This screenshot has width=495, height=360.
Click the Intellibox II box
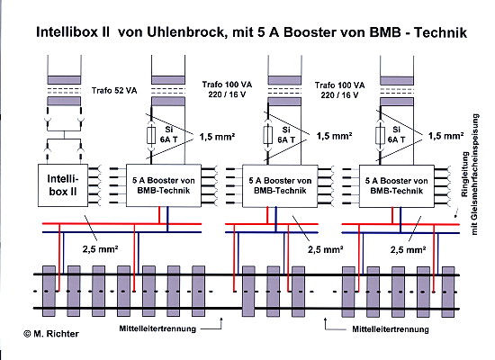[63, 185]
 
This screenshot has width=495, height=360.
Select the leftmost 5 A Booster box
[164, 185]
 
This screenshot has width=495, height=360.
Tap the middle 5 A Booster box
[280, 185]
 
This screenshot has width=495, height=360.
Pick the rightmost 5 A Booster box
[397, 186]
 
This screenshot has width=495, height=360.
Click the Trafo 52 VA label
[114, 91]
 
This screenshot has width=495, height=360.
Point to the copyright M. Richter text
[51, 334]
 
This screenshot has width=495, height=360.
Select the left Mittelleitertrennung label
[157, 328]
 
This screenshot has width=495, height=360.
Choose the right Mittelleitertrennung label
[391, 329]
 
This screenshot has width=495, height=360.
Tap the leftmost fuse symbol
[151, 135]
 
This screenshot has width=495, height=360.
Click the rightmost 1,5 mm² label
[445, 136]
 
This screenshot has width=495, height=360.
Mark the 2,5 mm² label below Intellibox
[101, 249]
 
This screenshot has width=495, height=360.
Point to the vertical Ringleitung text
[470, 175]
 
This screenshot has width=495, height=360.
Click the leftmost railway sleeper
[49, 291]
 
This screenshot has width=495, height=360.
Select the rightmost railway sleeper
[448, 292]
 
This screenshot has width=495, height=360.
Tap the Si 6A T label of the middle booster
[286, 134]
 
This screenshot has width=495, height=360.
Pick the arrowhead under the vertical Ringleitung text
[455, 216]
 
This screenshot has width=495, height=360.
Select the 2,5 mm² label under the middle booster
[326, 249]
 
